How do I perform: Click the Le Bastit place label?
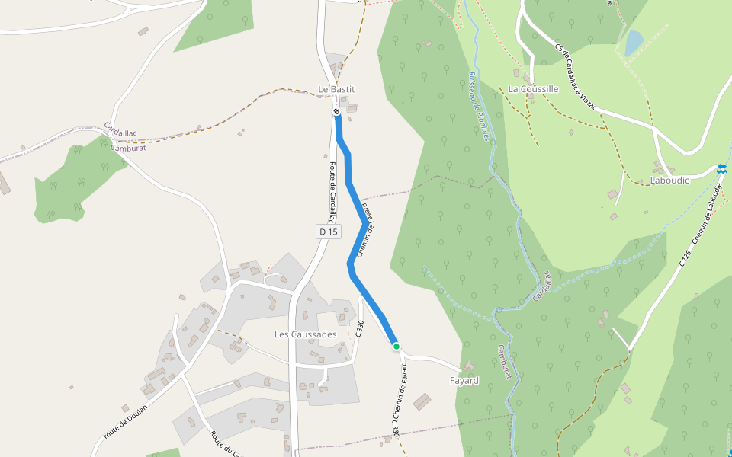pos(336,89)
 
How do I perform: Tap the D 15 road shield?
pos(328,231)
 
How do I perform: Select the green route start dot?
pos(396,347)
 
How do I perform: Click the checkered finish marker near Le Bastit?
pos(336,113)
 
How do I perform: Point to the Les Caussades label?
pos(305,334)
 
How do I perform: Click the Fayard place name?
pos(464,380)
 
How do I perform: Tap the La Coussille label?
pos(533,89)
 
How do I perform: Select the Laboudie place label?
pos(669,181)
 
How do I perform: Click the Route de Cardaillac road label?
pos(332,193)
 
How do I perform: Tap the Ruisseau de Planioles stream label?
pos(477,107)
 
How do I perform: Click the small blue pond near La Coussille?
pos(634,43)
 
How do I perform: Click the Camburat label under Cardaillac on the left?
pos(127,148)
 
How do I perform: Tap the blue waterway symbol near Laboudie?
pos(721,168)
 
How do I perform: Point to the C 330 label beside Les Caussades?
pos(360,329)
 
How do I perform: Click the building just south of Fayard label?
pos(422,401)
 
